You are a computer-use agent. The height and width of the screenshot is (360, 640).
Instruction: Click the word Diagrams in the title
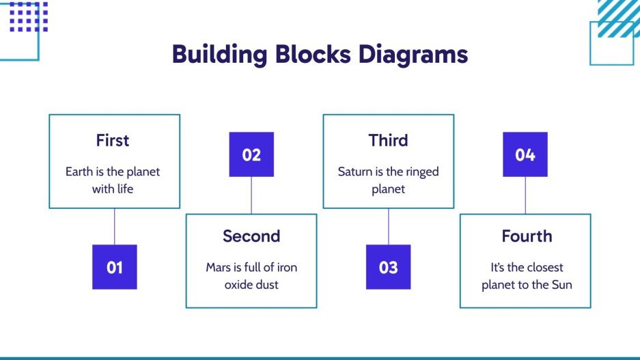pyautogui.click(x=413, y=54)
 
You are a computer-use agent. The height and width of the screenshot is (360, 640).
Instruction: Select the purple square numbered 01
pyautogui.click(x=115, y=267)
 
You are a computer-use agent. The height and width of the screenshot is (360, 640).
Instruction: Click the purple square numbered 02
pyautogui.click(x=251, y=154)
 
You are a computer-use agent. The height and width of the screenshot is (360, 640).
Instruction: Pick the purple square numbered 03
pyautogui.click(x=388, y=267)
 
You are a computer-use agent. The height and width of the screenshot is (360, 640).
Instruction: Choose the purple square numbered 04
pyautogui.click(x=525, y=154)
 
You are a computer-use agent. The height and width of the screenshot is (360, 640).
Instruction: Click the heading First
pyautogui.click(x=113, y=141)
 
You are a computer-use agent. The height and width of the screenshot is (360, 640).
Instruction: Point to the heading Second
pyautogui.click(x=251, y=236)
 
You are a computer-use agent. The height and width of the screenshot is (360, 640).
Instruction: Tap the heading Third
pyautogui.click(x=388, y=141)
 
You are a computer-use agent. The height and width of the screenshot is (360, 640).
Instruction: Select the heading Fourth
pyautogui.click(x=526, y=236)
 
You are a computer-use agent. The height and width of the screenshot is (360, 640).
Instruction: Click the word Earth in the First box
pyautogui.click(x=79, y=171)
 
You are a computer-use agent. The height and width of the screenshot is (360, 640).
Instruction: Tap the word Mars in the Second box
pyautogui.click(x=219, y=267)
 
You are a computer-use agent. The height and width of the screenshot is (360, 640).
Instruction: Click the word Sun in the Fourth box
pyautogui.click(x=561, y=284)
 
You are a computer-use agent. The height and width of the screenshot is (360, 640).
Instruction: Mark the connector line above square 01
pyautogui.click(x=115, y=226)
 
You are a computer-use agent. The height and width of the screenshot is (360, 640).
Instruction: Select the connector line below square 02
pyautogui.click(x=251, y=195)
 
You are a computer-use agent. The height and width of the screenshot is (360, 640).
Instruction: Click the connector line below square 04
pyautogui.click(x=525, y=195)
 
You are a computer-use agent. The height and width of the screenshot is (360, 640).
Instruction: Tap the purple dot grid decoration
pyautogui.click(x=29, y=16)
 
